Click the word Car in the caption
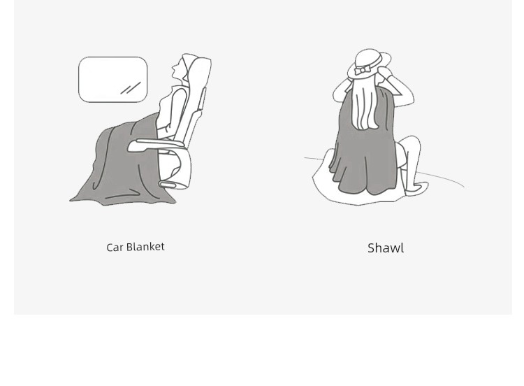(115, 248)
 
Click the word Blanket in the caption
(145, 247)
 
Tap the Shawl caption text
(386, 248)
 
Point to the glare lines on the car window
(131, 88)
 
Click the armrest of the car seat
(155, 145)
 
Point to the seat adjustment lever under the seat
(169, 185)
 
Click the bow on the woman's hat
(362, 70)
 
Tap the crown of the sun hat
(368, 59)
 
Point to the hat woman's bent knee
(414, 142)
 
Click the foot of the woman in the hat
(416, 187)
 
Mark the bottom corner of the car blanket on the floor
(71, 201)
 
